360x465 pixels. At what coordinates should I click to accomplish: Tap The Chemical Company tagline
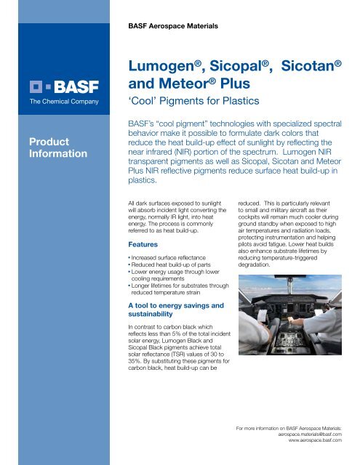[49, 101]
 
